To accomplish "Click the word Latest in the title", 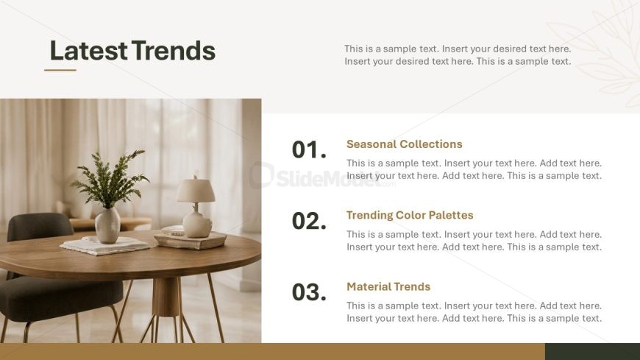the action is point(88,51).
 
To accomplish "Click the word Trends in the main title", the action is point(174,51).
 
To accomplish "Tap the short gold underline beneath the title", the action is point(60,70).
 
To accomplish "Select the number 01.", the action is point(309,149).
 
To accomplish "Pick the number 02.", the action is point(309,221).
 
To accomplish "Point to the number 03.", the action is point(309,292).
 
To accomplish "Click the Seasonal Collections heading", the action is point(404,144).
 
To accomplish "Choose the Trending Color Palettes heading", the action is point(410,216).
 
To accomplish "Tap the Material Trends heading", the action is point(388,287).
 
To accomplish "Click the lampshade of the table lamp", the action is point(196,191).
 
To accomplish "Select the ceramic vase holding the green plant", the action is point(107,225).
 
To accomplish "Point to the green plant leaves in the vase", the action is point(110,177).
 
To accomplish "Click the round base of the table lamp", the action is point(197,225).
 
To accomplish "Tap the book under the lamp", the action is point(191,241).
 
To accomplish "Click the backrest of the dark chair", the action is point(40,227).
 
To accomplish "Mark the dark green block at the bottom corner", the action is point(592,351).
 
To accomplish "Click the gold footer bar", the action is point(272,351).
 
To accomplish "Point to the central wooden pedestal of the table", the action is point(166,297).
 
